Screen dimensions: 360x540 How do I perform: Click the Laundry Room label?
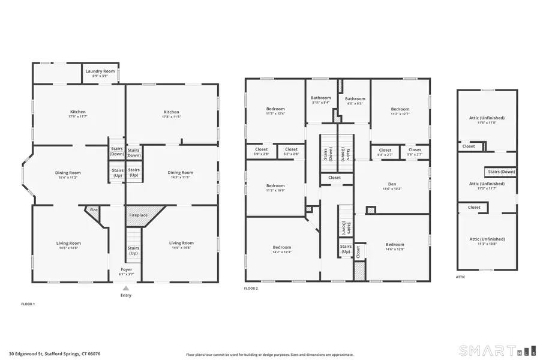[100, 71]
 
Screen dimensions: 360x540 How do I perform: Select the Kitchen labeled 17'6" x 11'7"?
[78, 112]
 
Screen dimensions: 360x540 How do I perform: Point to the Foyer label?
[126, 269]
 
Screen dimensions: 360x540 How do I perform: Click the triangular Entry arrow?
[126, 288]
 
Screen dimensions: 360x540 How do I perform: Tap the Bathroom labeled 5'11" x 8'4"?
[321, 98]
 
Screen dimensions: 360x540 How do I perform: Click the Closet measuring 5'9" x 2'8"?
[262, 150]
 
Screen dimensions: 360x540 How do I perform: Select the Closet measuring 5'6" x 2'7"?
[415, 150]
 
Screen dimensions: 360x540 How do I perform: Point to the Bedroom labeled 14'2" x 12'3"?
[282, 247]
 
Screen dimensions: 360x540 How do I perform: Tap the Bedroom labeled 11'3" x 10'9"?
[275, 186]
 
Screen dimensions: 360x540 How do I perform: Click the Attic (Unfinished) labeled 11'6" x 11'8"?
[487, 118]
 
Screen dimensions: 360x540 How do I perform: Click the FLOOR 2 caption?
[251, 289]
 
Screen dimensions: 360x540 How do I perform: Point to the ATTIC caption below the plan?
[461, 277]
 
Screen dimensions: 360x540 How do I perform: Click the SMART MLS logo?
[494, 350]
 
